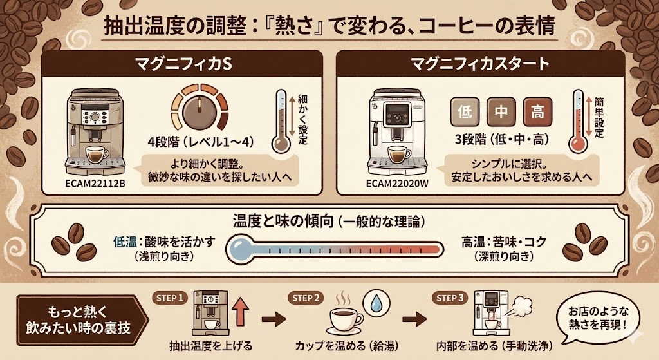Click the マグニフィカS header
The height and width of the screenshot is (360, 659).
[184, 64]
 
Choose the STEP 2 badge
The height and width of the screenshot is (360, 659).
[307, 298]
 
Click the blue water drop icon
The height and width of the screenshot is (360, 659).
[375, 303]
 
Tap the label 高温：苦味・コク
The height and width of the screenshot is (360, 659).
[504, 242]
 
